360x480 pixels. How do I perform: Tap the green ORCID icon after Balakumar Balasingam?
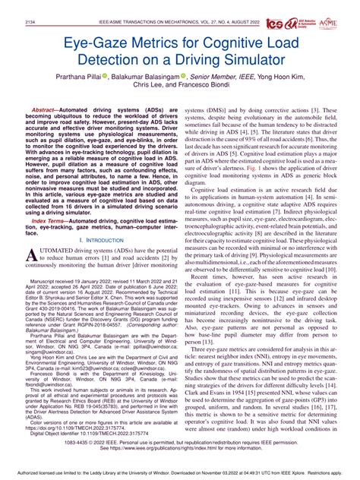[183, 77]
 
